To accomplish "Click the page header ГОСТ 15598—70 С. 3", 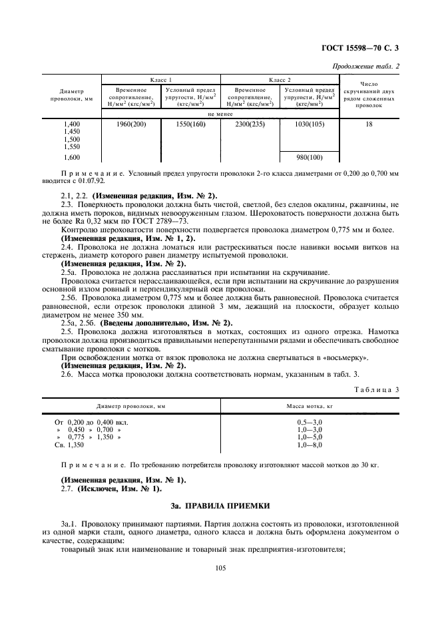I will pos(364,47).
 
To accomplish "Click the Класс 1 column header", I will pos(160,79).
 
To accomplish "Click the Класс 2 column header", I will pos(280,79).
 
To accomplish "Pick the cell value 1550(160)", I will pos(190,124).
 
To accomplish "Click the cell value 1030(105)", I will pos(309,124).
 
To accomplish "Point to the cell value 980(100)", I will pos(309,157).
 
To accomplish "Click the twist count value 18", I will pos(369,124).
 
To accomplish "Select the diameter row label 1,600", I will pos(72,157).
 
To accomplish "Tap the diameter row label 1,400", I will pos(72,124).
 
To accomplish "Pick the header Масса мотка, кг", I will pos(309,405).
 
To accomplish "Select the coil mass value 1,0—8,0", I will pos(309,445).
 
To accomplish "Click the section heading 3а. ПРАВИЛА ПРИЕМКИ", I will pos(219,507).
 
